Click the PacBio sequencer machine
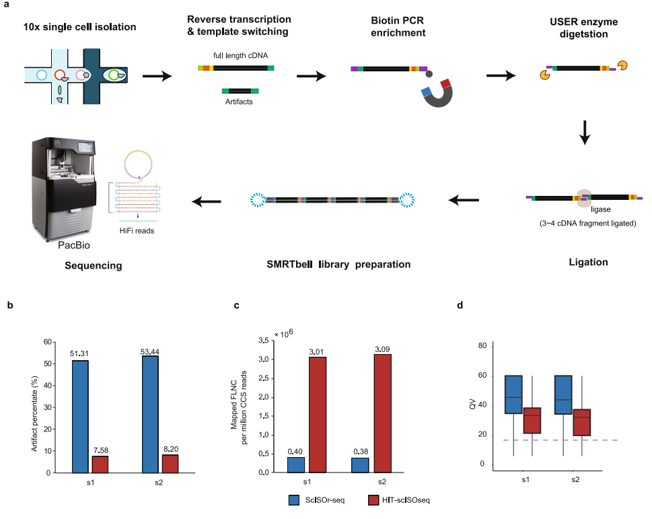(63, 189)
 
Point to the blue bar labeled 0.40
(296, 464)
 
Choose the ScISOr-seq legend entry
(313, 500)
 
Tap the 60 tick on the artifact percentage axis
(47, 342)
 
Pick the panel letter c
(236, 305)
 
